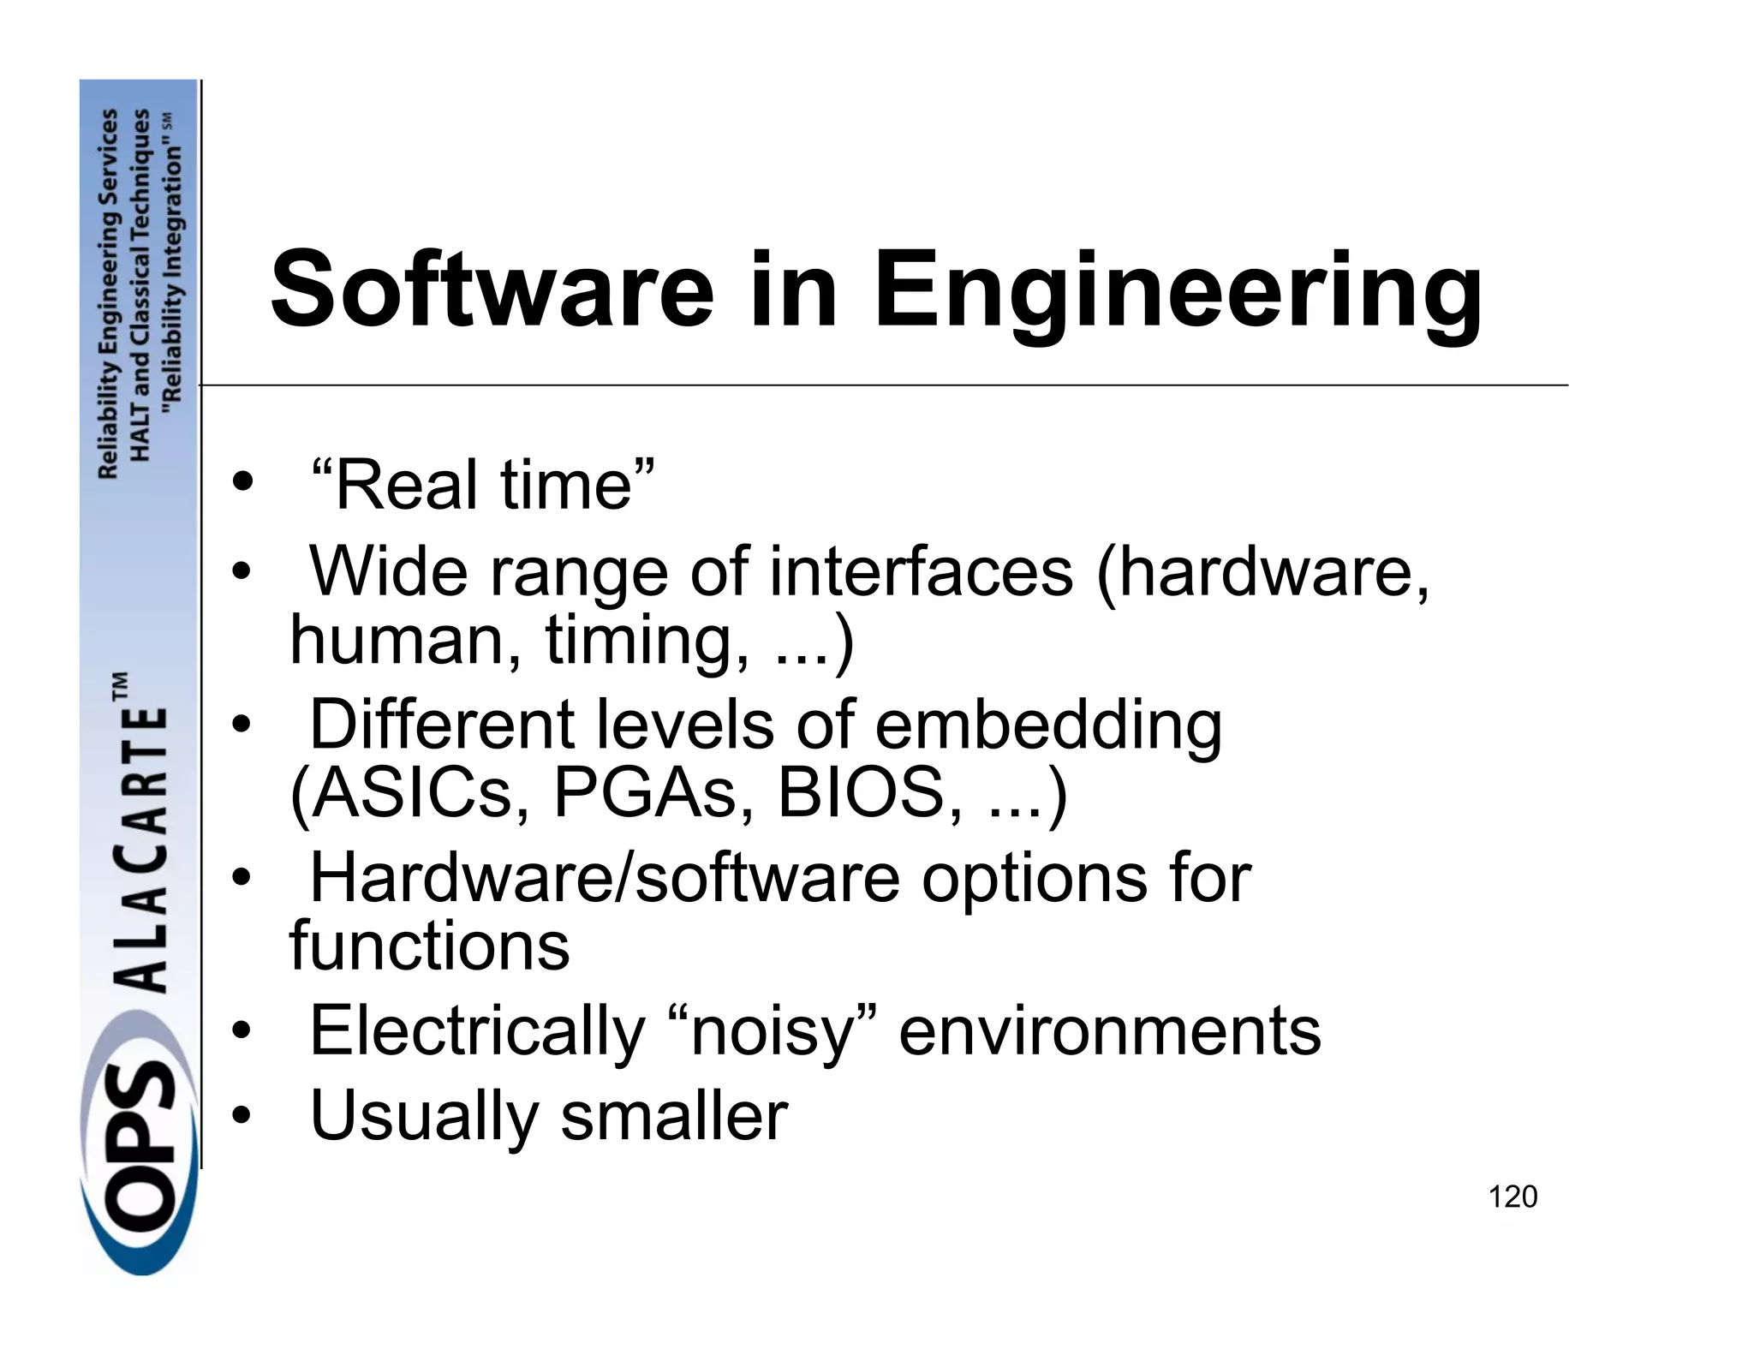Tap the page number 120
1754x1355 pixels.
[1512, 1197]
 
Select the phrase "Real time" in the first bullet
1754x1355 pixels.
[482, 485]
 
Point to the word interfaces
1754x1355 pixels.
[921, 571]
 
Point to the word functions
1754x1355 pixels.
[429, 946]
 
